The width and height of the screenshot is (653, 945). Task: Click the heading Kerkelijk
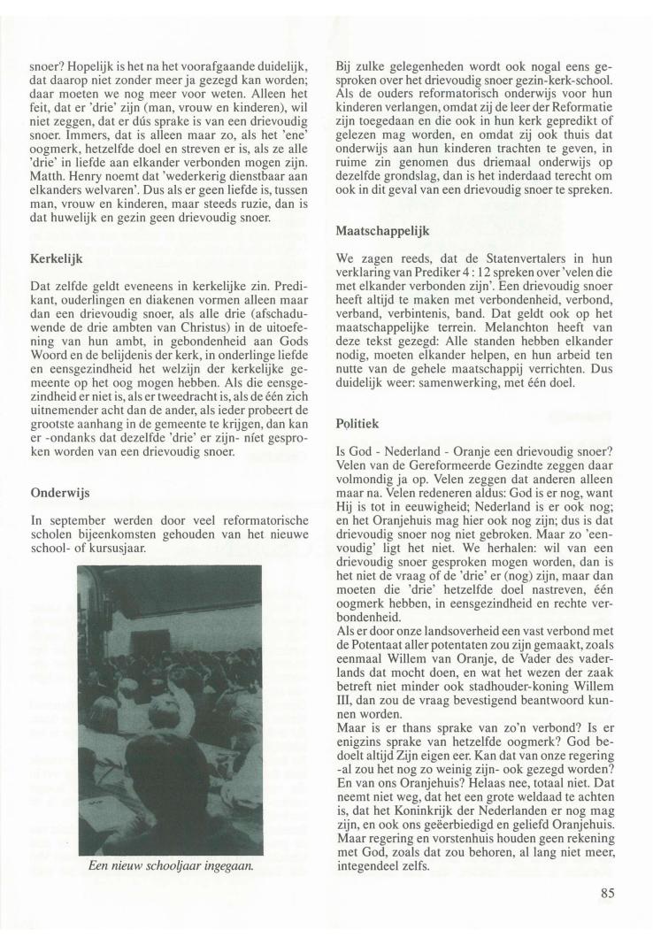coord(58,262)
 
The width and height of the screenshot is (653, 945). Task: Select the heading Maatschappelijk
coord(382,232)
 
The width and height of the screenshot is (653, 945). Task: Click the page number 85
coord(607,892)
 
